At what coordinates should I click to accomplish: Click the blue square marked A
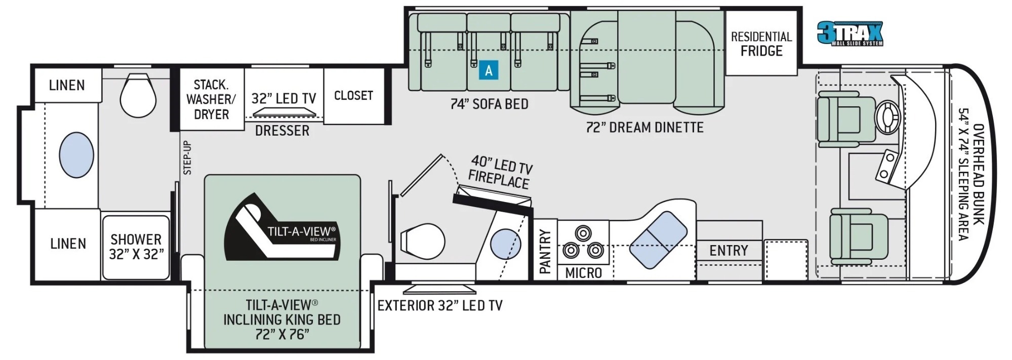[x=489, y=70]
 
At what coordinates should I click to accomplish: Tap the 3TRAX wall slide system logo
[x=850, y=33]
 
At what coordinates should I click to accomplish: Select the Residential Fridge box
[x=761, y=43]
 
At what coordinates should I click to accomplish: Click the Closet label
[x=353, y=95]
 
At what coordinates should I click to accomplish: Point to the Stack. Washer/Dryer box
[x=212, y=99]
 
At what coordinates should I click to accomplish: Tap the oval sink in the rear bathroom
[x=76, y=155]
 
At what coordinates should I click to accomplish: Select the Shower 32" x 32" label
[x=136, y=247]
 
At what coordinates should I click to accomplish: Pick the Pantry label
[x=545, y=252]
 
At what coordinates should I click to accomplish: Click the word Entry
[x=728, y=251]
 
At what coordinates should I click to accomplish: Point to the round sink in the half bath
[x=505, y=244]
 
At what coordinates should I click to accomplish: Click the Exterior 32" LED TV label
[x=440, y=305]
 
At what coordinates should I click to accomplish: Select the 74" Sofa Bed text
[x=489, y=104]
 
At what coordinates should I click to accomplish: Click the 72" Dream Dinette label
[x=644, y=127]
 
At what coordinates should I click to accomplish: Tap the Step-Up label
[x=188, y=157]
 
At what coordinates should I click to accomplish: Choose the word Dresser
[x=282, y=131]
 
